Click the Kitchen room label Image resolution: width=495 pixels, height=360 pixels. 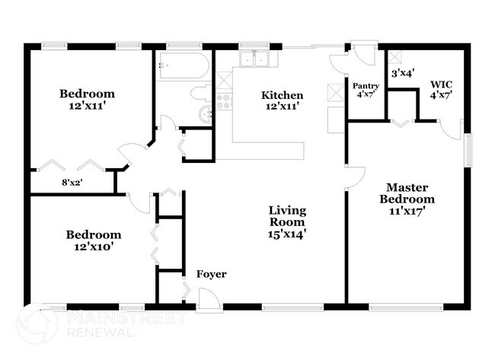(x=283, y=95)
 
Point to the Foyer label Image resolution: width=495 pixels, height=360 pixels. (x=211, y=274)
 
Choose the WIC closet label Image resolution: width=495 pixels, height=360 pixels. (x=441, y=84)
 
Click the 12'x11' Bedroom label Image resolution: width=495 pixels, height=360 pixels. (x=92, y=94)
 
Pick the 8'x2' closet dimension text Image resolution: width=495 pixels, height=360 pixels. (x=72, y=183)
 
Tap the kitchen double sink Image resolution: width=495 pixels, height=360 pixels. (x=253, y=59)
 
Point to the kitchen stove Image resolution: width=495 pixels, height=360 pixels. (x=224, y=100)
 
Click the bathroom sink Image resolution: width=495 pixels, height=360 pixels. (x=204, y=114)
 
